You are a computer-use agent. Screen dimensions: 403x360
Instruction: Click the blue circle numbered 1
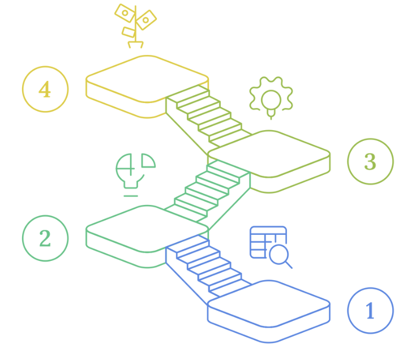pyautogui.click(x=370, y=311)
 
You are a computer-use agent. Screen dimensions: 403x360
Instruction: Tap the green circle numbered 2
pyautogui.click(x=45, y=238)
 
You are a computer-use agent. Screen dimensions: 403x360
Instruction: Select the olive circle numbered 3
pyautogui.click(x=370, y=161)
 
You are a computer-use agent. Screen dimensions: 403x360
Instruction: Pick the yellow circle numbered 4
pyautogui.click(x=45, y=89)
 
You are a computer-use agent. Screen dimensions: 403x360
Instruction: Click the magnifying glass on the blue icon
pyautogui.click(x=279, y=255)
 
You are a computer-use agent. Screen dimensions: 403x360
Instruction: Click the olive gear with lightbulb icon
pyautogui.click(x=271, y=98)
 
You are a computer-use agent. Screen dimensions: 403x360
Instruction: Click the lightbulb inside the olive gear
pyautogui.click(x=271, y=101)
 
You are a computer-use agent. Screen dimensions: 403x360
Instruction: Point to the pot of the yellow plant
pyautogui.click(x=135, y=44)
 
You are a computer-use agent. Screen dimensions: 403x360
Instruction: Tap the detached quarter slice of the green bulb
pyautogui.click(x=148, y=161)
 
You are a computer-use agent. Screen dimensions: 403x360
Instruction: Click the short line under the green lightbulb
pyautogui.click(x=131, y=196)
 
